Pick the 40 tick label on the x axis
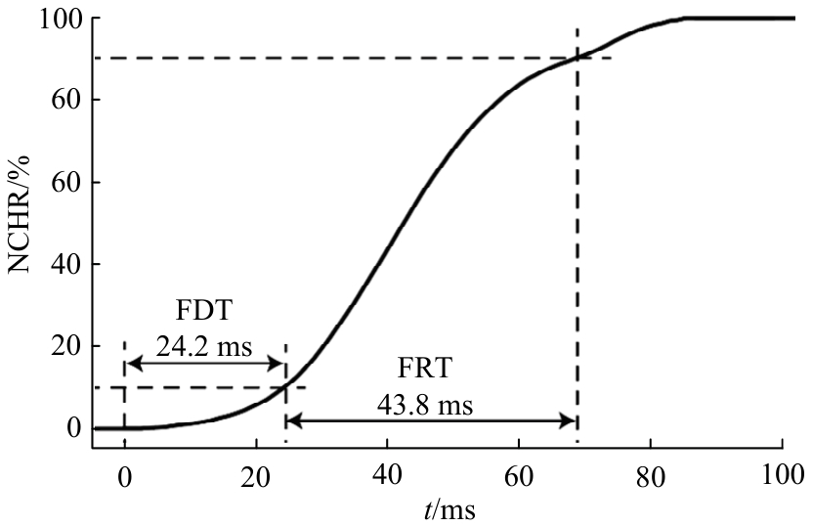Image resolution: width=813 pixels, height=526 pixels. point(387,476)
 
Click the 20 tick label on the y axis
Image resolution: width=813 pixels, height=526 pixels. point(64,346)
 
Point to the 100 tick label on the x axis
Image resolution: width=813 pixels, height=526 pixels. point(782,476)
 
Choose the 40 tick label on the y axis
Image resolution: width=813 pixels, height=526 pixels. point(64,264)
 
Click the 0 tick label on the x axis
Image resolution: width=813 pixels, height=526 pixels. point(124,476)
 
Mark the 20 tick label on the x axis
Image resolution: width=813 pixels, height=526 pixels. point(255,476)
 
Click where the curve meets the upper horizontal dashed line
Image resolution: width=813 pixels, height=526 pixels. point(578,58)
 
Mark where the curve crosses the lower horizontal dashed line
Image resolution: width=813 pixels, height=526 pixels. point(284,387)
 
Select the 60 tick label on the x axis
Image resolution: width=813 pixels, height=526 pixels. point(519,476)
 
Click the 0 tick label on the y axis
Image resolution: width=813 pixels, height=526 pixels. point(72,428)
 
